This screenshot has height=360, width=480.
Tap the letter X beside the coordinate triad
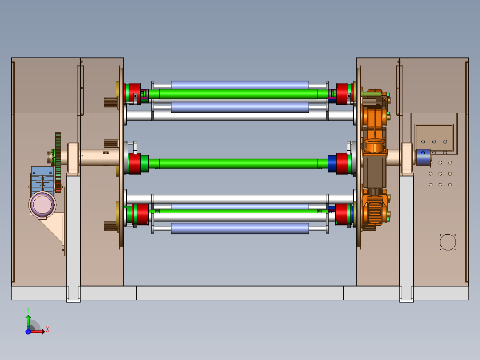coord(48,330)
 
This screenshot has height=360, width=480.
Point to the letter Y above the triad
coord(28,310)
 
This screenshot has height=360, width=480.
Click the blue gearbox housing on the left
coord(42,181)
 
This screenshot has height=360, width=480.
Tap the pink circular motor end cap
coord(42,205)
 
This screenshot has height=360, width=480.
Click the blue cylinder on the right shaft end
coord(423,157)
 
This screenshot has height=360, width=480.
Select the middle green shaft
coord(238,164)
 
